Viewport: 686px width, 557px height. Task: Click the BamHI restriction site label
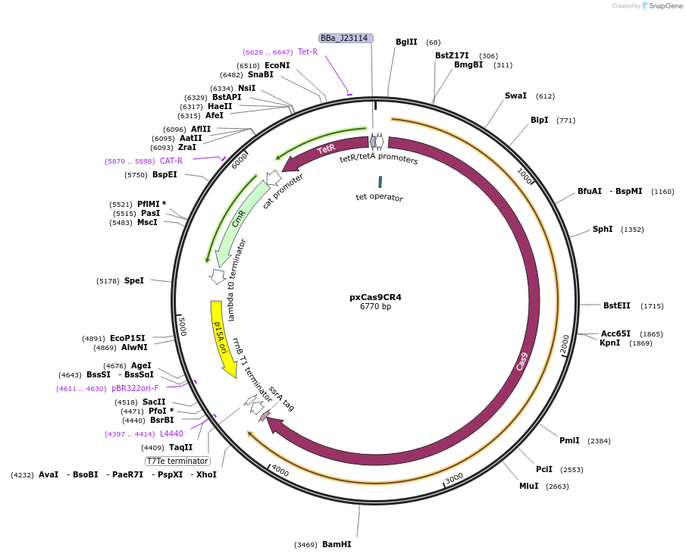(x=337, y=544)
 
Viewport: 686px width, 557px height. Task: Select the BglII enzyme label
(x=406, y=42)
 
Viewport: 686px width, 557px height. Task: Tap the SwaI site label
(x=515, y=96)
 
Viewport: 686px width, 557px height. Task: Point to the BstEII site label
(x=616, y=305)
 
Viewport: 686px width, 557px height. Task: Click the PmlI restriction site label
(x=569, y=440)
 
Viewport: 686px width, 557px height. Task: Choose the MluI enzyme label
(x=528, y=486)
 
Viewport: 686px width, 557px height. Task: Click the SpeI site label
(x=133, y=280)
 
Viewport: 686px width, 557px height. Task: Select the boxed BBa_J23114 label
(x=345, y=38)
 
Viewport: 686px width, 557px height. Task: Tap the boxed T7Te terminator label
(x=177, y=461)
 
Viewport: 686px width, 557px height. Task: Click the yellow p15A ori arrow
(x=221, y=337)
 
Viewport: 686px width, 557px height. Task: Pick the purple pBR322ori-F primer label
(x=135, y=388)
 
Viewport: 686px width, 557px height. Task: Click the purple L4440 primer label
(x=171, y=433)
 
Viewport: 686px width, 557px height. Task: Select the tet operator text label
(x=379, y=198)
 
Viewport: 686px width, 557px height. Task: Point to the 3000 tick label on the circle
(x=453, y=479)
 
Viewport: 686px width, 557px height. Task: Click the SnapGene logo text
(x=663, y=6)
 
